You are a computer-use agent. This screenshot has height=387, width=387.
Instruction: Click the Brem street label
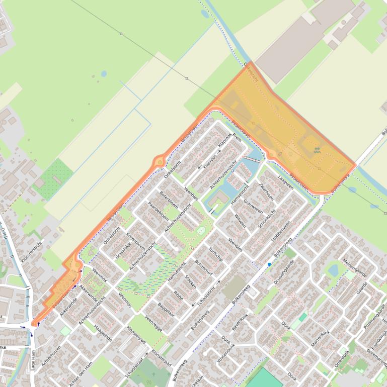(238, 139)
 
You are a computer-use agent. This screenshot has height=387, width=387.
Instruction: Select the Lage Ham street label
(33, 360)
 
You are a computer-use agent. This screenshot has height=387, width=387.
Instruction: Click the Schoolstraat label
(134, 368)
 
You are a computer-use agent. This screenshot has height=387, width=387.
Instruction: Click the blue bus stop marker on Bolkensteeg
(269, 264)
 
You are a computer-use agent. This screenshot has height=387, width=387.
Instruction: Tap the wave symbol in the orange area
(317, 150)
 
